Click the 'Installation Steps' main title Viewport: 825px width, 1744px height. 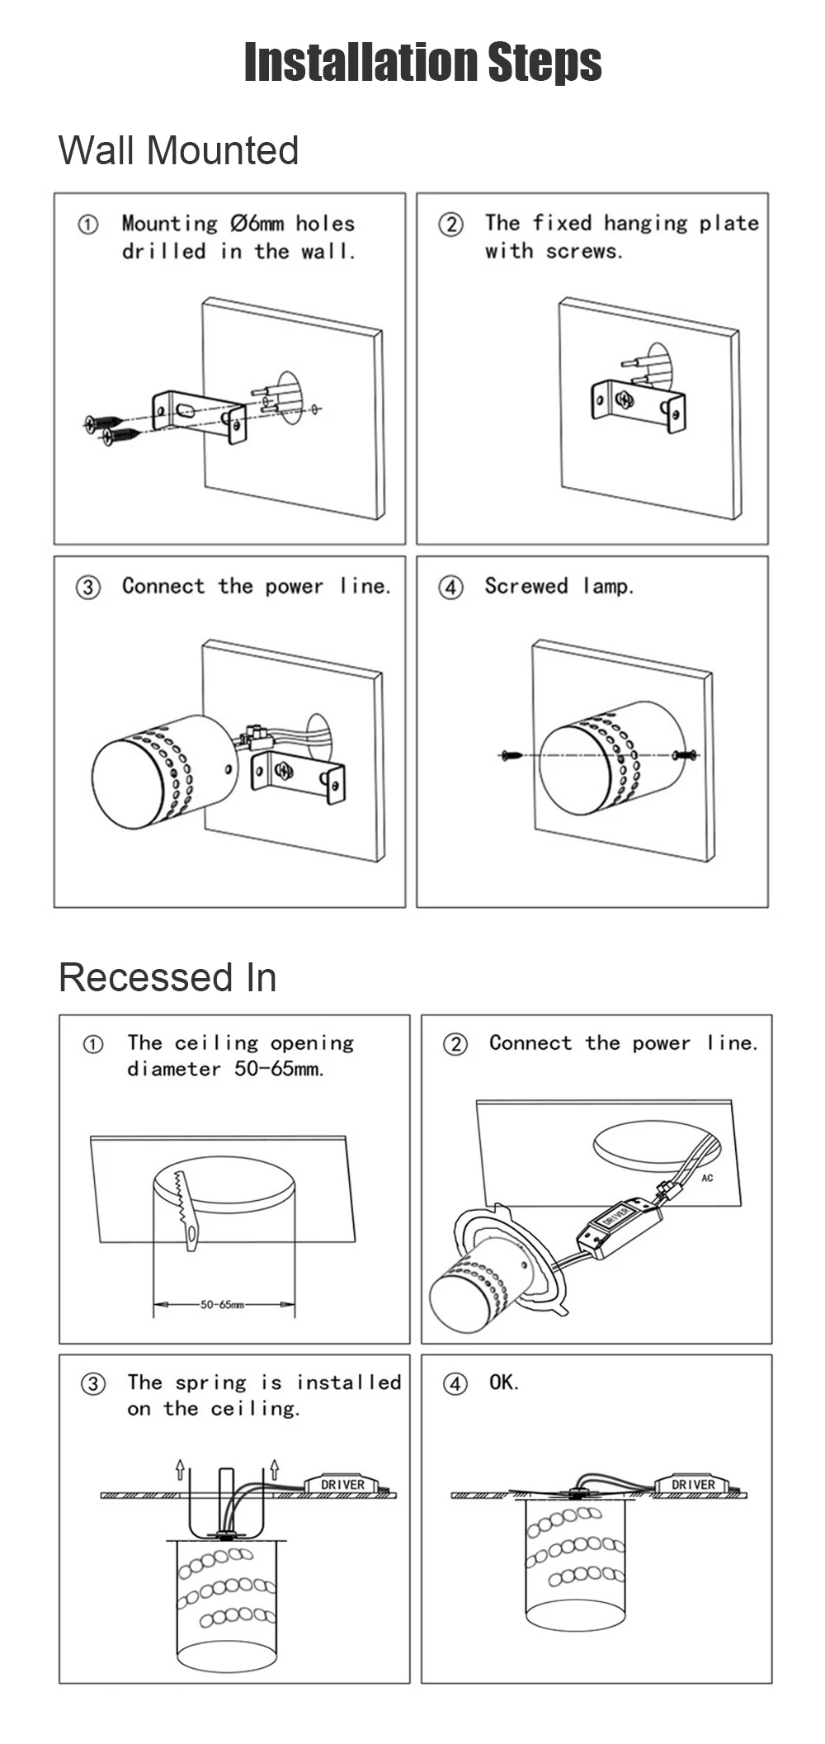tap(423, 63)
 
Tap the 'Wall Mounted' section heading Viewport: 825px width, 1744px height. tap(178, 150)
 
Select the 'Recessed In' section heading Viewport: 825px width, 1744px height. tap(167, 977)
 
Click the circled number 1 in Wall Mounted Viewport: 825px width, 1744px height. tap(87, 224)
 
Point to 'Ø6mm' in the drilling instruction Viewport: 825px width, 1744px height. tap(257, 223)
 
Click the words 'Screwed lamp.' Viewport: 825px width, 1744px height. tap(559, 586)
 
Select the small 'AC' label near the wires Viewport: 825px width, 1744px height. tap(707, 1178)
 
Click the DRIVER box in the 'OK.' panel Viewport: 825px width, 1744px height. tap(693, 1484)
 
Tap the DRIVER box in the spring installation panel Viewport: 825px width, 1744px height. tap(342, 1484)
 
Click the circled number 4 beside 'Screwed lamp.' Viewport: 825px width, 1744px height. tap(450, 588)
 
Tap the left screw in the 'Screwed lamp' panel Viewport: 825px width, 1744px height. tap(511, 754)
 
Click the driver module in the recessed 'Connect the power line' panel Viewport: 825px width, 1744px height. tap(619, 1227)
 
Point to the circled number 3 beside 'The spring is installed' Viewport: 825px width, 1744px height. tap(92, 1384)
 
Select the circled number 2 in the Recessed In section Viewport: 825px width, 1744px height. tap(455, 1044)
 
